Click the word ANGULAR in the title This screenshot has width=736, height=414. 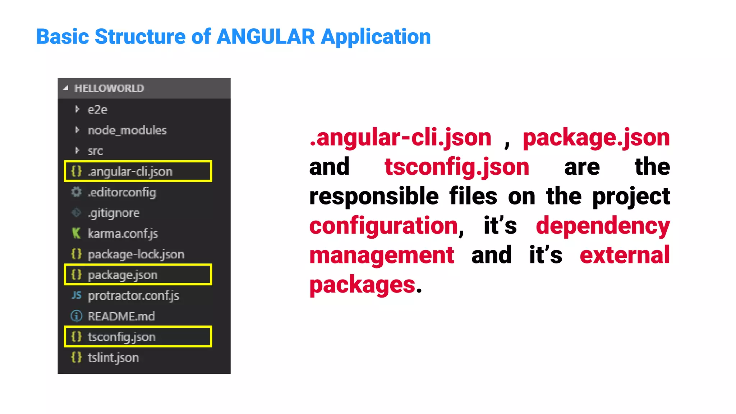pos(266,37)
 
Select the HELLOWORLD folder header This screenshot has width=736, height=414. pos(109,88)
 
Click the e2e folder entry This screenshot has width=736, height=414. pos(97,110)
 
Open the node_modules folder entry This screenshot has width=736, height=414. pos(127,130)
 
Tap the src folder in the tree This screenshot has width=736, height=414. pos(95,151)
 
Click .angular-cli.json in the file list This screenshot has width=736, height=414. pos(130,171)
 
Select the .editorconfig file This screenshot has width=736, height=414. pos(121,192)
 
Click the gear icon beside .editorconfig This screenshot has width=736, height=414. pos(76,192)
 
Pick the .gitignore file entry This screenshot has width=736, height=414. pos(113,213)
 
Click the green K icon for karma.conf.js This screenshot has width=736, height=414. pos(76,233)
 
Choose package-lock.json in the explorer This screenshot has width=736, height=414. pos(135,254)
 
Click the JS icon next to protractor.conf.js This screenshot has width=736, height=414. pos(76,295)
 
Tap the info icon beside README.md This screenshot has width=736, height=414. pos(76,316)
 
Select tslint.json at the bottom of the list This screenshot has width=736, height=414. pos(113,358)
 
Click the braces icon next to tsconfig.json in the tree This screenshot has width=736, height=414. pos(76,337)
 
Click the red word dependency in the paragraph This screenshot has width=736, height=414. pos(603,226)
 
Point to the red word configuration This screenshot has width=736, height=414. pos(383,226)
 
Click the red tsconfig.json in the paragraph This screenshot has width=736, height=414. pos(457,167)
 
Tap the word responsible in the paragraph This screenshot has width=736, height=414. pos(374,197)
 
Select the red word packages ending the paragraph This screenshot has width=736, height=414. pos(362,285)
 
